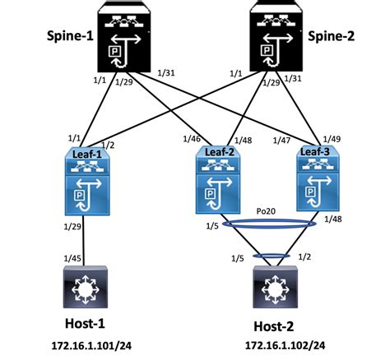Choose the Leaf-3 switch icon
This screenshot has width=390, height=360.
317,180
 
